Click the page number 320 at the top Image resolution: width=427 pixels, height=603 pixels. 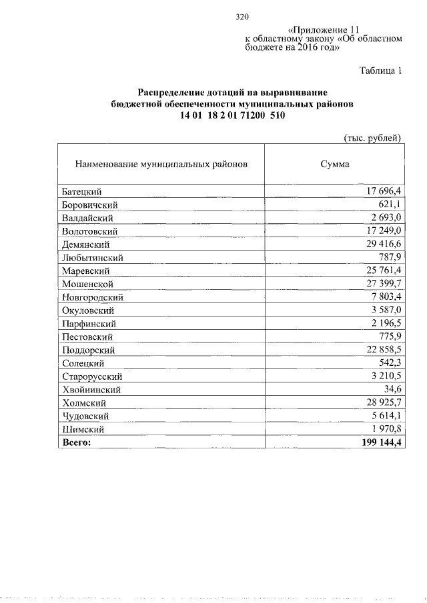pos(242,17)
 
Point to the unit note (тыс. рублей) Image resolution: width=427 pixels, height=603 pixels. pos(372,138)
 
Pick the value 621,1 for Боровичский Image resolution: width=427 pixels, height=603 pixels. pos(387,205)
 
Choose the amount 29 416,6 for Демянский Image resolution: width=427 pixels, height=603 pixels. pos(380,245)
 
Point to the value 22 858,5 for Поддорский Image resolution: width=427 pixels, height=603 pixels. pos(380,350)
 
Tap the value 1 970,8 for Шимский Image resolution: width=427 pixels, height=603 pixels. pos(383,429)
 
